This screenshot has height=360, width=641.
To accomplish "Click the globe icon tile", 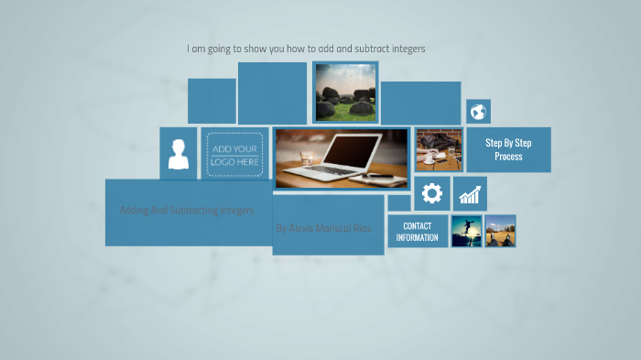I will click(x=478, y=112).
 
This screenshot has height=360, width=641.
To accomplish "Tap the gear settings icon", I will click(x=432, y=193).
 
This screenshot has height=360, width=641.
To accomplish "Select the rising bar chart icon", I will click(x=470, y=193).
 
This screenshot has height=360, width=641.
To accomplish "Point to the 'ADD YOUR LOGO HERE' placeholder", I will click(x=234, y=154).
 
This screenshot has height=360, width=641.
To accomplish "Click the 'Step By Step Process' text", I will click(x=508, y=149).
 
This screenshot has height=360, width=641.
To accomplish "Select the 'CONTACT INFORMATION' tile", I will click(x=417, y=232).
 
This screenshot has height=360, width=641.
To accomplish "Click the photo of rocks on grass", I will click(x=345, y=93).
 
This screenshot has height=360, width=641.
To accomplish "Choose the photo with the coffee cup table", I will click(x=438, y=149).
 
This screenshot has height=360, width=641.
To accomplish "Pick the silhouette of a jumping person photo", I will click(x=466, y=231).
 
